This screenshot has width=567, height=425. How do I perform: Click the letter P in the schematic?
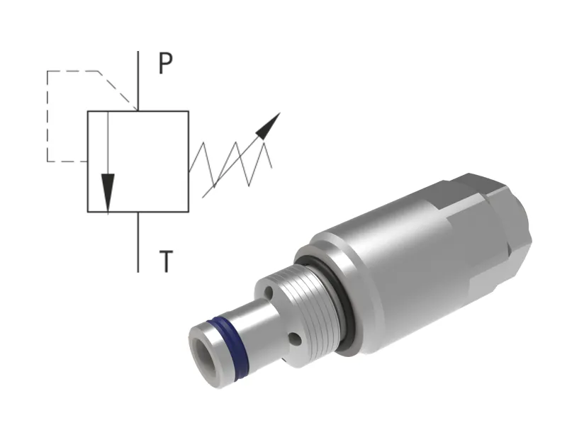[165, 64]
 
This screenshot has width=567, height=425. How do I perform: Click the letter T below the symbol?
[165, 262]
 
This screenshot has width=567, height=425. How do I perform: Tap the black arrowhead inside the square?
[107, 191]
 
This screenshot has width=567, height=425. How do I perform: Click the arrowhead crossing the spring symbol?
[268, 125]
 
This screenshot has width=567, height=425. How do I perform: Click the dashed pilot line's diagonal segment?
[118, 90]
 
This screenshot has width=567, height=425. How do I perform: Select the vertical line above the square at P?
[138, 81]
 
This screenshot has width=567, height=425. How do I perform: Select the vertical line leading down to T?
[138, 241]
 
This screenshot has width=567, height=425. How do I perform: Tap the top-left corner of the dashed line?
[47, 72]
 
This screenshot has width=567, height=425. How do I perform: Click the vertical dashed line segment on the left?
[47, 117]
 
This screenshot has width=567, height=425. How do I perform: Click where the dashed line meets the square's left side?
[87, 161]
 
